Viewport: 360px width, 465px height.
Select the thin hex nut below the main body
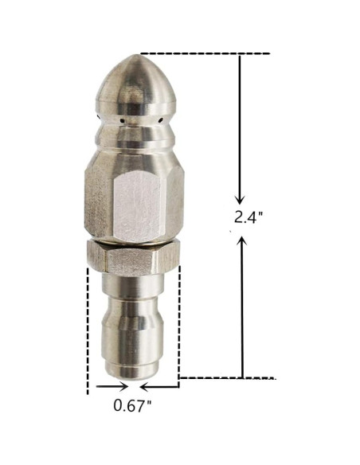click(x=133, y=256)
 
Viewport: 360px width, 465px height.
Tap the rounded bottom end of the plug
click(x=133, y=373)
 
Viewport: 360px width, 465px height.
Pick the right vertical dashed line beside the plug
click(x=179, y=326)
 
